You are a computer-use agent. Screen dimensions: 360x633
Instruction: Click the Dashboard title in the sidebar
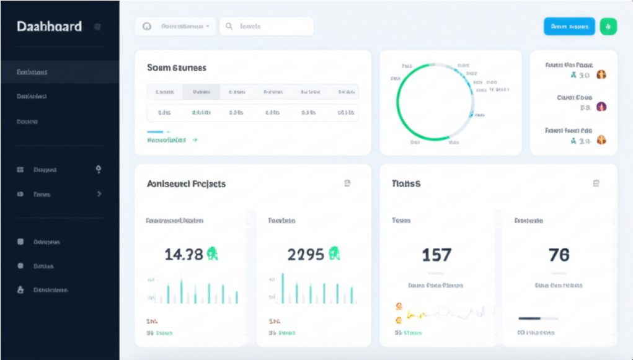point(49,27)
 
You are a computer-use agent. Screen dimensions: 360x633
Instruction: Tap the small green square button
point(608,27)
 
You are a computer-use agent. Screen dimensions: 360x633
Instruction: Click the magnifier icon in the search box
point(229,27)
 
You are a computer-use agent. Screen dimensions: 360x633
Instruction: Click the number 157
point(436,255)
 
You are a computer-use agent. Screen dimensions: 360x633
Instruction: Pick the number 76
point(559,255)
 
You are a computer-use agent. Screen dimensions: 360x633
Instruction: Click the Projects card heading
point(186,184)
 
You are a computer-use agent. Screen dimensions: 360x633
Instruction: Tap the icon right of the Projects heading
point(347,183)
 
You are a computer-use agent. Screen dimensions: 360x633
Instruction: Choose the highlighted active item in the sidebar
point(60,72)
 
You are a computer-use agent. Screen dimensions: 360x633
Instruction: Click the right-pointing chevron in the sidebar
point(99,194)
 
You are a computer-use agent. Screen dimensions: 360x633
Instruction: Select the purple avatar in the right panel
point(601,107)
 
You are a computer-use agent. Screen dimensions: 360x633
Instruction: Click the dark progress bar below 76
point(529,318)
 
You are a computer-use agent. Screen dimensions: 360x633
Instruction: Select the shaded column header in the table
point(201,92)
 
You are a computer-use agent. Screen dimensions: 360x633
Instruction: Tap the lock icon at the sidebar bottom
point(20,290)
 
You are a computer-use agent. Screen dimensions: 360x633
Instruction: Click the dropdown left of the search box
point(176,27)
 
